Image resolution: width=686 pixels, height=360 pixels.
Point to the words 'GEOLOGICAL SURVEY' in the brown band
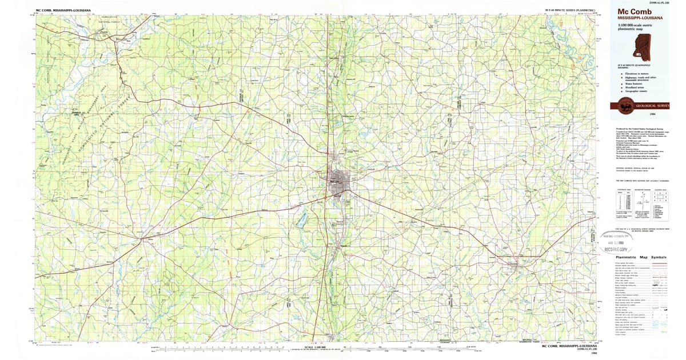(x=651, y=105)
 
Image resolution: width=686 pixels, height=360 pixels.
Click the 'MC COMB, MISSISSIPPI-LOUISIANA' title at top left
(x=63, y=10)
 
